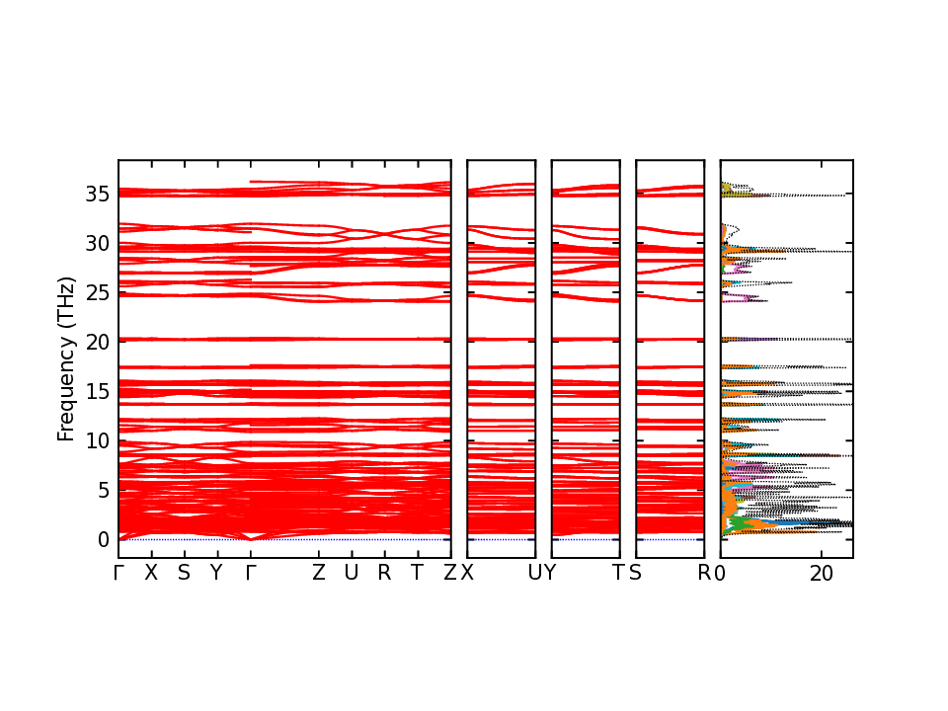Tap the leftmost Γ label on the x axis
[119, 573]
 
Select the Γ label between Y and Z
[251, 573]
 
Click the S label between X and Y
[184, 573]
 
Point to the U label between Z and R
[351, 573]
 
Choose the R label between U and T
[384, 573]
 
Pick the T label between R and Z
[417, 573]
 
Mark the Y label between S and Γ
[217, 573]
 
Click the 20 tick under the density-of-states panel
[822, 573]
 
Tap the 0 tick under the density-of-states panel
[721, 573]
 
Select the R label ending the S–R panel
[704, 573]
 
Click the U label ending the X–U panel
[535, 573]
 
